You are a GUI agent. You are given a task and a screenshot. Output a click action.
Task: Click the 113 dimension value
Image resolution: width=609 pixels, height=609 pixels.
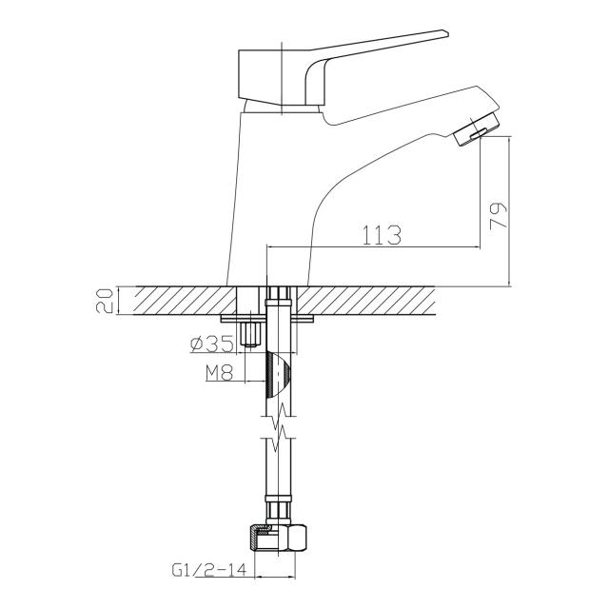coord(381,235)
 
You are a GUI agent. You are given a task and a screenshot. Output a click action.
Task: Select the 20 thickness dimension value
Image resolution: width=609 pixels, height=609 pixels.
coord(104,301)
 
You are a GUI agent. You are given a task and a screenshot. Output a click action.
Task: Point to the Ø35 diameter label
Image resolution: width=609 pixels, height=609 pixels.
coord(212,344)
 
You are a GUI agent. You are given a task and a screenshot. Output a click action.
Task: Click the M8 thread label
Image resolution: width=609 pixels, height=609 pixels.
coord(219,373)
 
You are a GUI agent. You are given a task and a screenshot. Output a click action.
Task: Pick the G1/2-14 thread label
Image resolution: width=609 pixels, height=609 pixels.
coord(209,570)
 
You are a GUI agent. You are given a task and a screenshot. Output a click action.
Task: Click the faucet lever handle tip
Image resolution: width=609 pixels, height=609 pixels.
coord(446,33)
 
